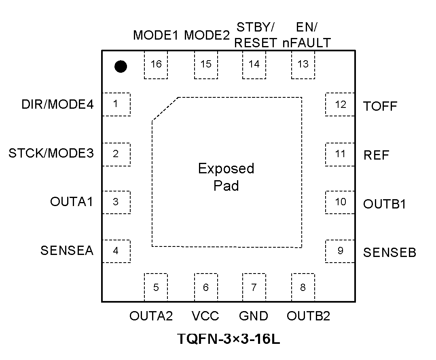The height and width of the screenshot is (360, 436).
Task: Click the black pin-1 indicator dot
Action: pos(121,66)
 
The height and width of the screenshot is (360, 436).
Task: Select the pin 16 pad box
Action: pos(156,65)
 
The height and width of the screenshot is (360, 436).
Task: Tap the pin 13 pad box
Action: pos(303,65)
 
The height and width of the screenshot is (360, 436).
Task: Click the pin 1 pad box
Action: pos(116,104)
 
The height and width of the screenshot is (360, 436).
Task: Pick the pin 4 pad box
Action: pos(116,251)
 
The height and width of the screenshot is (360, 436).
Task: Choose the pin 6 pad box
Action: pos(206,287)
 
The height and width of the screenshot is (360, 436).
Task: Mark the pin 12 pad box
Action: pos(340,104)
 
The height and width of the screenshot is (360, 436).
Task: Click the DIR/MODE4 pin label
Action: pos(57,105)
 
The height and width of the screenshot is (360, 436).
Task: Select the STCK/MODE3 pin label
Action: pos(51,154)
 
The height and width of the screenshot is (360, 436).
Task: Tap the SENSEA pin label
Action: pos(67,251)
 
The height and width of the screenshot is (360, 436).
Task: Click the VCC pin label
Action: pos(205,316)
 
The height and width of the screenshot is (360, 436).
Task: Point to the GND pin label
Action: pos(254,316)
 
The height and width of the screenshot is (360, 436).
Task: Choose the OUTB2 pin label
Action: pos(308,316)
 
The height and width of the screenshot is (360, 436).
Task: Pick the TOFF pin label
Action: pos(380,106)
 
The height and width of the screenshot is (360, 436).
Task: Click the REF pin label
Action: pos(377,155)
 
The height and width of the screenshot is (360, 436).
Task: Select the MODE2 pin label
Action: pos(207,36)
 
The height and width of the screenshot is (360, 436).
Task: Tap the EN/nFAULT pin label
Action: pos(307,35)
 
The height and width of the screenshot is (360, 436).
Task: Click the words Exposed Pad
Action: pos(226,177)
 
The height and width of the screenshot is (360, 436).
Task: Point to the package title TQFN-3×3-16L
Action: pos(229,339)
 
